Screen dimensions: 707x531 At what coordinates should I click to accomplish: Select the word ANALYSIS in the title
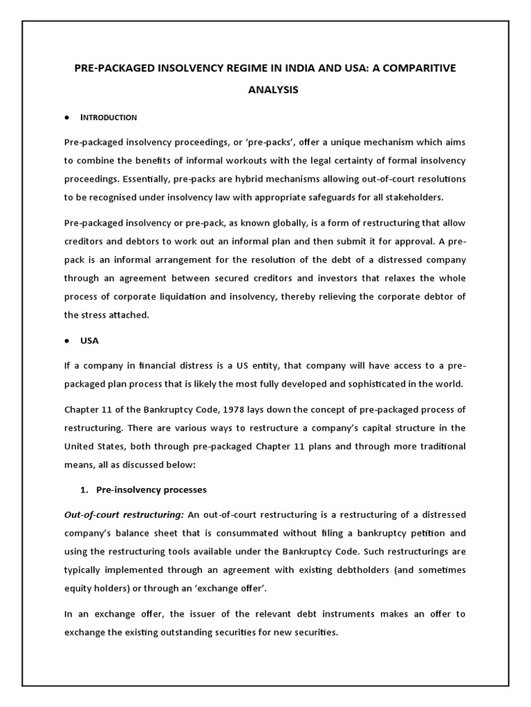click(265, 90)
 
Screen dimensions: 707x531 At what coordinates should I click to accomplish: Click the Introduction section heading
click(109, 117)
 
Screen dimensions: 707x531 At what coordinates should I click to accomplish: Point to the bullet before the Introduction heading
click(66, 117)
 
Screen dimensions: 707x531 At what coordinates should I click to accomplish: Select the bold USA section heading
click(90, 340)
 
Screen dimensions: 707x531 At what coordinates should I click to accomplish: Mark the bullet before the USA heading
click(66, 341)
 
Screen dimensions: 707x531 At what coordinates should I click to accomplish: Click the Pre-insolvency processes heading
click(151, 490)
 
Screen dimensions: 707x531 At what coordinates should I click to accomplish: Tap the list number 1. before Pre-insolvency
click(84, 490)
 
